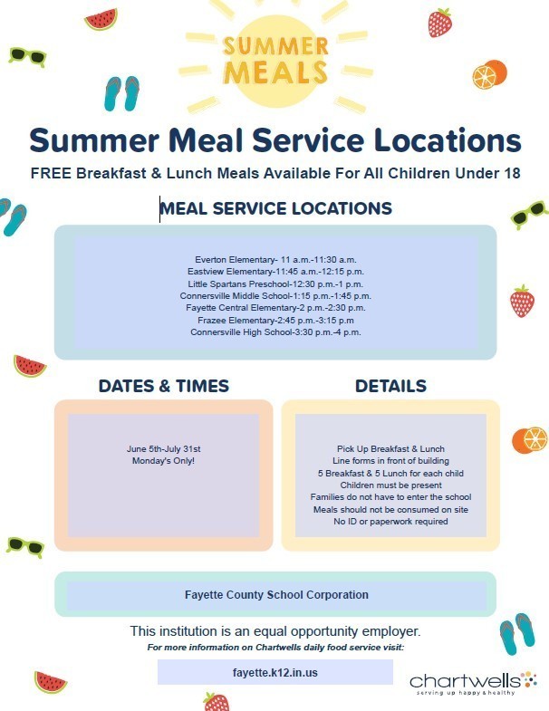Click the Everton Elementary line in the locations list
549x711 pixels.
(275, 260)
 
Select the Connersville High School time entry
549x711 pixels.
(275, 332)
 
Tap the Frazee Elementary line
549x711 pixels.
(275, 320)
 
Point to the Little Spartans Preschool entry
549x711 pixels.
(275, 284)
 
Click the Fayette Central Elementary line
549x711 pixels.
(275, 308)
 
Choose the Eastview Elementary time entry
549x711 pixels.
(275, 272)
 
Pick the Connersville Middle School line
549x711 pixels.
(275, 296)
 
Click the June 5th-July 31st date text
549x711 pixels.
(163, 449)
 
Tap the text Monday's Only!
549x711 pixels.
(163, 461)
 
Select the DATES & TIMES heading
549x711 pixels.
(164, 386)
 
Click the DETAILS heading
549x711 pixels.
(390, 386)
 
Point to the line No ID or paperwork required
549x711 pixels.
(390, 522)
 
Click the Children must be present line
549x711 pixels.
(390, 485)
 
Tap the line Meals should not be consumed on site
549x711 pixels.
(390, 510)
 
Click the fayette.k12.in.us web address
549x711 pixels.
(275, 672)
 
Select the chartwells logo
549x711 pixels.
(473, 683)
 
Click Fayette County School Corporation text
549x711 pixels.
(276, 595)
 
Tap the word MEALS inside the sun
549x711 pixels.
(275, 72)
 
